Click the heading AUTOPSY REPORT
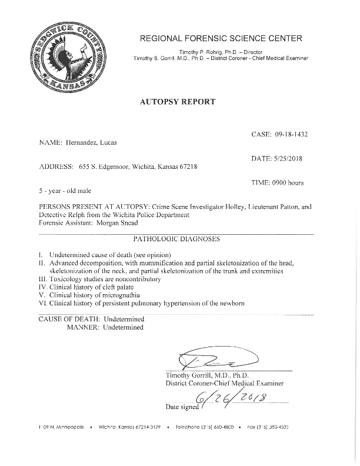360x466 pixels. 177,101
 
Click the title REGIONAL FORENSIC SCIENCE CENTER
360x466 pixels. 221,39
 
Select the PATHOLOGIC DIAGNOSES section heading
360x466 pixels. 177,239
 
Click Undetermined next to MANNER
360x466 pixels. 123,328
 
